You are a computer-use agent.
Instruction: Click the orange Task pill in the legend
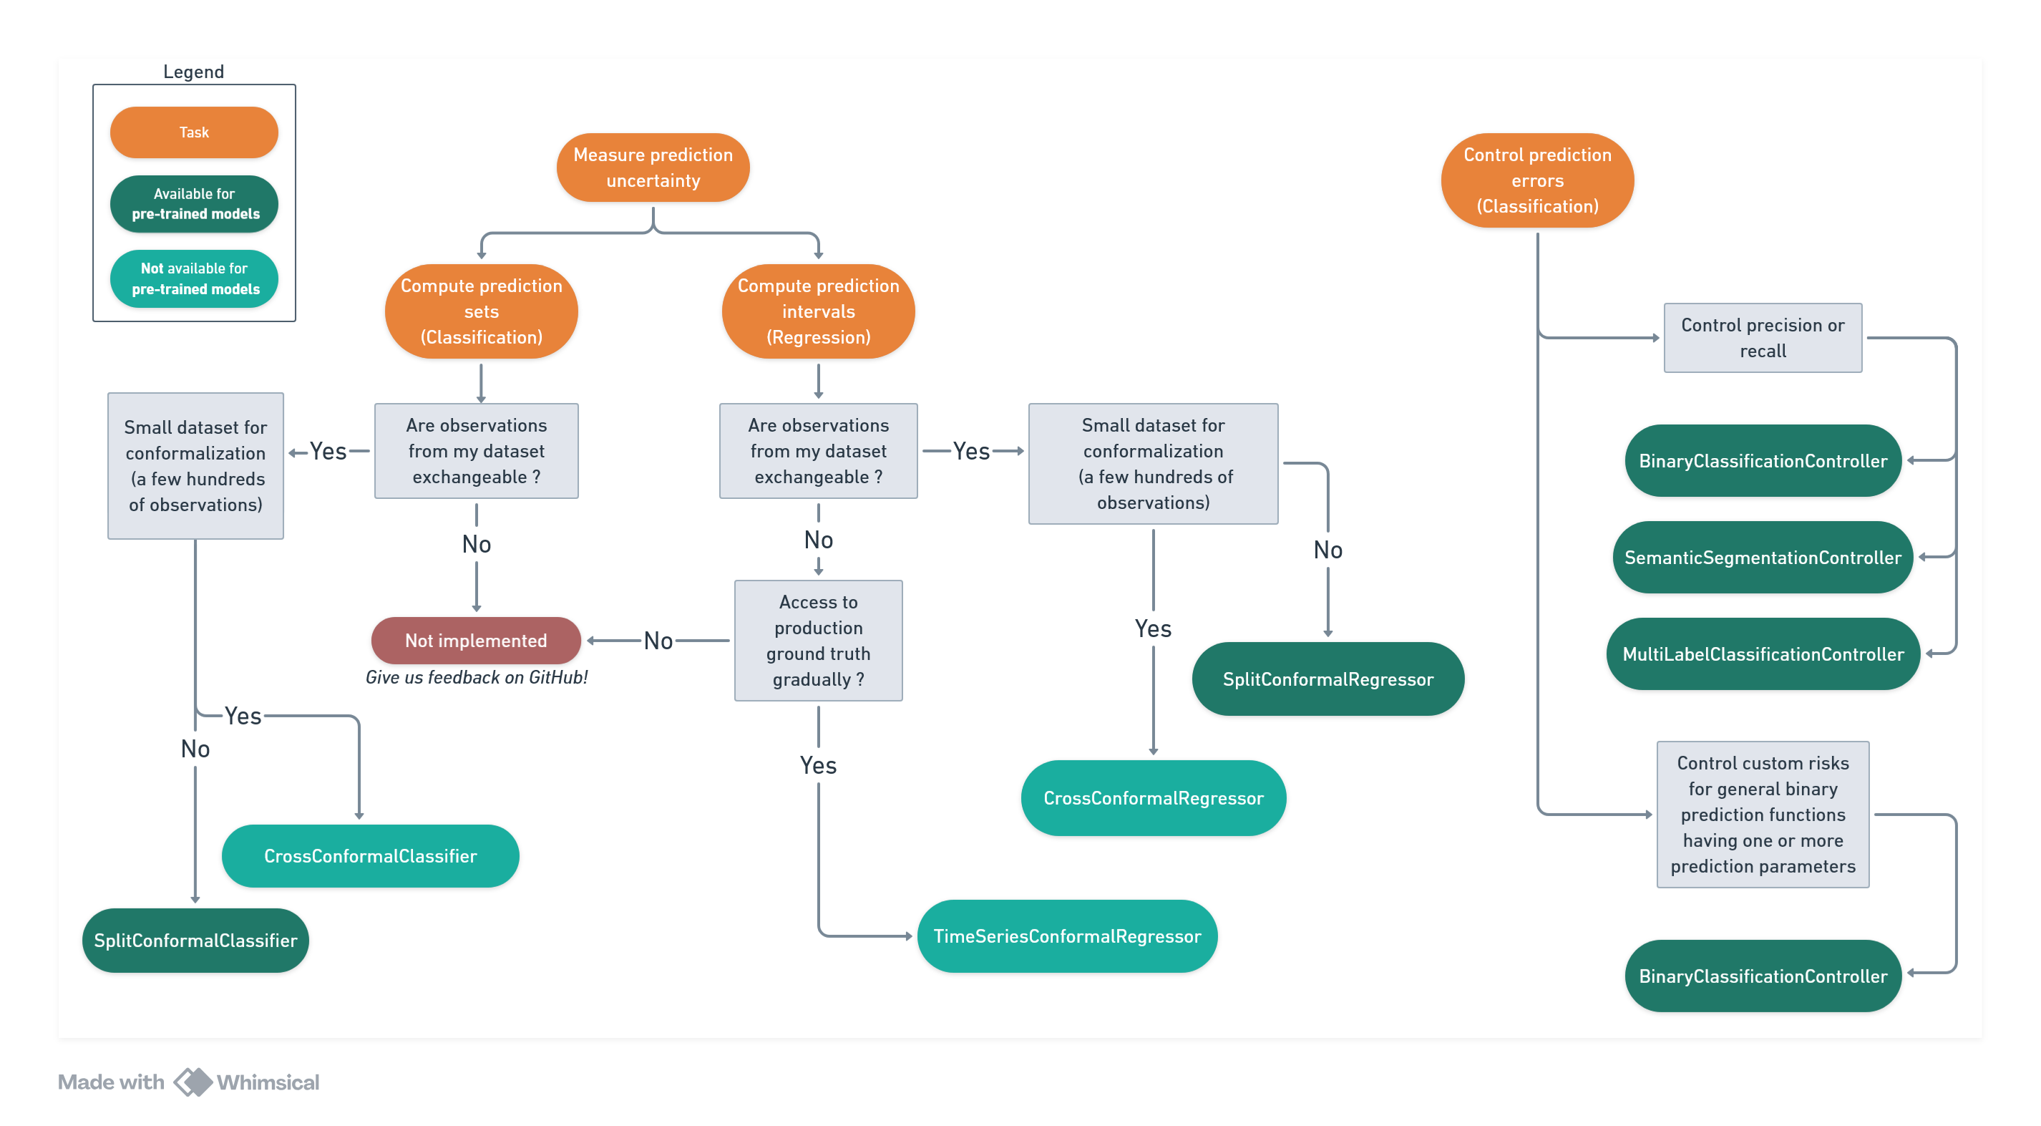(x=193, y=132)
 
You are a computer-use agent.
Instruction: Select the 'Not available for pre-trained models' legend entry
(x=193, y=278)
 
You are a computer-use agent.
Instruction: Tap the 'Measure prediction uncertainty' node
(x=653, y=168)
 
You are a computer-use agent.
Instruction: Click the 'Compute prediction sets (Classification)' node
(x=481, y=311)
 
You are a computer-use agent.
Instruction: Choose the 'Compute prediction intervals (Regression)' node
(x=818, y=311)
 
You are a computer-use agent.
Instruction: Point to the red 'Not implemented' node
(x=475, y=640)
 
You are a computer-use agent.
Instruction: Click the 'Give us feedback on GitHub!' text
(x=476, y=677)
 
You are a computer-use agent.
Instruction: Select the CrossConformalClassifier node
(x=370, y=856)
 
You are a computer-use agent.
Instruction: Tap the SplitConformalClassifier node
(x=195, y=941)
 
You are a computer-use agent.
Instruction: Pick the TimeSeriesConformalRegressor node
(x=1066, y=936)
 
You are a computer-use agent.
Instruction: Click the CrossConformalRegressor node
(x=1153, y=798)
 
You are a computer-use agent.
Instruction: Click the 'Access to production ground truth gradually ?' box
(x=818, y=640)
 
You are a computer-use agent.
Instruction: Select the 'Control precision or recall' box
(x=1762, y=338)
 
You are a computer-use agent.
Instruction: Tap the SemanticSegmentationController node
(x=1762, y=557)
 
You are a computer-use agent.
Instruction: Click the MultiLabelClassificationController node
(x=1762, y=654)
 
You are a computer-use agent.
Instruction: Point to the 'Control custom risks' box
(x=1762, y=814)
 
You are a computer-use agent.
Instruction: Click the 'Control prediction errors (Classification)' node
(x=1536, y=180)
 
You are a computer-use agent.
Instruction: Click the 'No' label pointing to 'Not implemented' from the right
(x=658, y=640)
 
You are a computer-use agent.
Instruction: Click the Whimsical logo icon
(x=193, y=1082)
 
